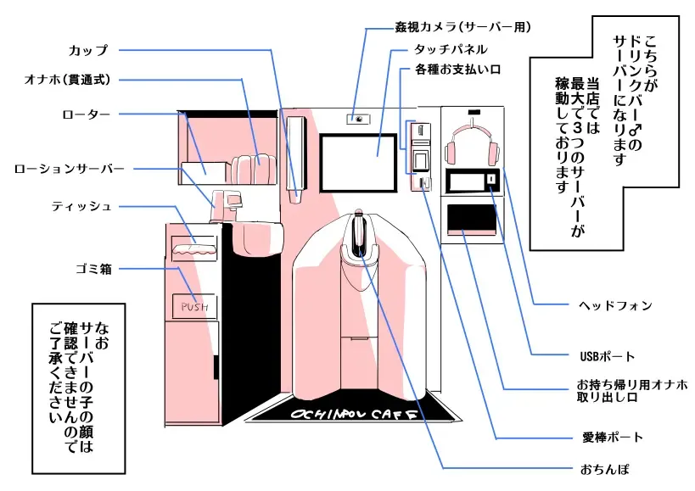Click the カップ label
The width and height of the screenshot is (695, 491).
tap(88, 49)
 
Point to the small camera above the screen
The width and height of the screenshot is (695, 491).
tap(360, 119)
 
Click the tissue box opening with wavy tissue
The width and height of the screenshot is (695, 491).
tap(195, 248)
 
